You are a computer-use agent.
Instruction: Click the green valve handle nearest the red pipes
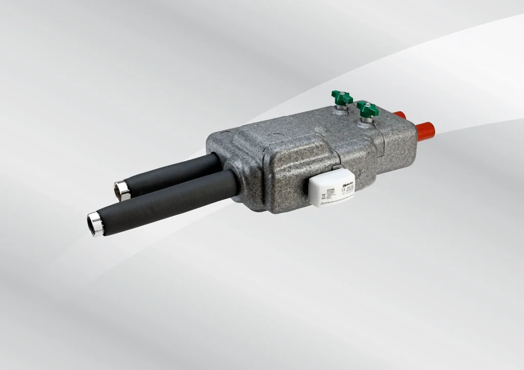(x=368, y=109)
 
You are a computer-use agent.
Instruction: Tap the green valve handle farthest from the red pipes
(x=341, y=97)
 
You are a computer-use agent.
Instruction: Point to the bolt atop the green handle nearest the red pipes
(x=366, y=106)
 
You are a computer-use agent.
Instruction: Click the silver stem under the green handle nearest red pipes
(x=365, y=119)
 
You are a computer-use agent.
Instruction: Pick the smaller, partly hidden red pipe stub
(x=400, y=115)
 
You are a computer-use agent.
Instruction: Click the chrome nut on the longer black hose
(x=95, y=224)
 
